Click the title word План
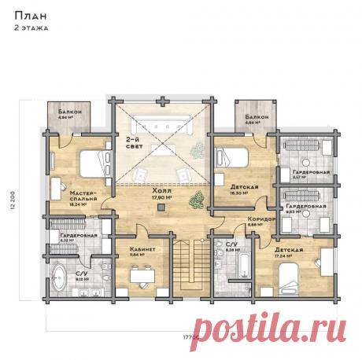point(25,14)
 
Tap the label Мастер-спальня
point(83,194)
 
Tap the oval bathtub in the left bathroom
point(60,277)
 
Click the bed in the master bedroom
point(93,163)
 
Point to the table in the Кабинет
point(143,275)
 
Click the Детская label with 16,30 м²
point(233,187)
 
